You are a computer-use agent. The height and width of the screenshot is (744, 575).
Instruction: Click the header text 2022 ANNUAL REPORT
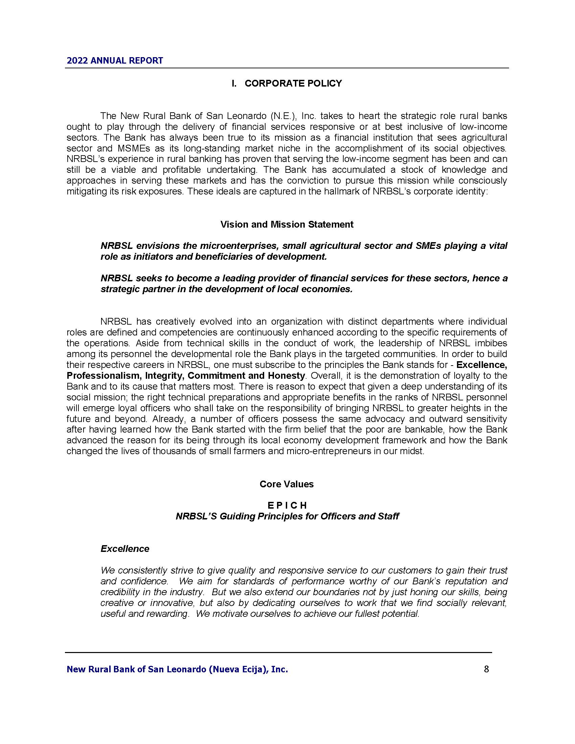point(115,61)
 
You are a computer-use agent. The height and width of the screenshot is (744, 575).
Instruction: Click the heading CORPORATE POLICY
point(293,84)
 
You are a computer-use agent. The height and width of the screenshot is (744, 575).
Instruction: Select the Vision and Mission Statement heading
point(287,224)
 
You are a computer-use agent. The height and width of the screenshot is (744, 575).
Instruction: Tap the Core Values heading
point(286,484)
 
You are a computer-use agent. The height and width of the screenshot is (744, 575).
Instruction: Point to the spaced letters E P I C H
point(287,505)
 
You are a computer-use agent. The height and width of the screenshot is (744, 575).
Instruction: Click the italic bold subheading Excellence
point(125,549)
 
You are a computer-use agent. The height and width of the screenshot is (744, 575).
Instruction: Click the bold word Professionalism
point(103,376)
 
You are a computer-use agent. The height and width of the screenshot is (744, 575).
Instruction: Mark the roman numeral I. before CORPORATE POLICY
point(234,84)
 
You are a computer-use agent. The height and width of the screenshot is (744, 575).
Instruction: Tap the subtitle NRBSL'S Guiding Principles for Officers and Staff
point(287,516)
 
